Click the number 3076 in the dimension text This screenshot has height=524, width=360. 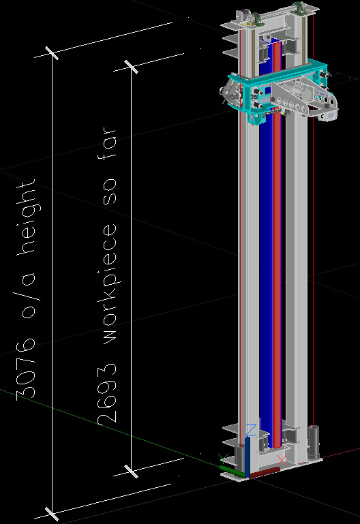[x=25, y=369]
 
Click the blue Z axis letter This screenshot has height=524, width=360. [x=251, y=430]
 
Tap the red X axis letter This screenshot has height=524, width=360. [x=282, y=460]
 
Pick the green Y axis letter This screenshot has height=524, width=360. [x=223, y=459]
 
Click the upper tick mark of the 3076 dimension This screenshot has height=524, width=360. [x=52, y=52]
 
